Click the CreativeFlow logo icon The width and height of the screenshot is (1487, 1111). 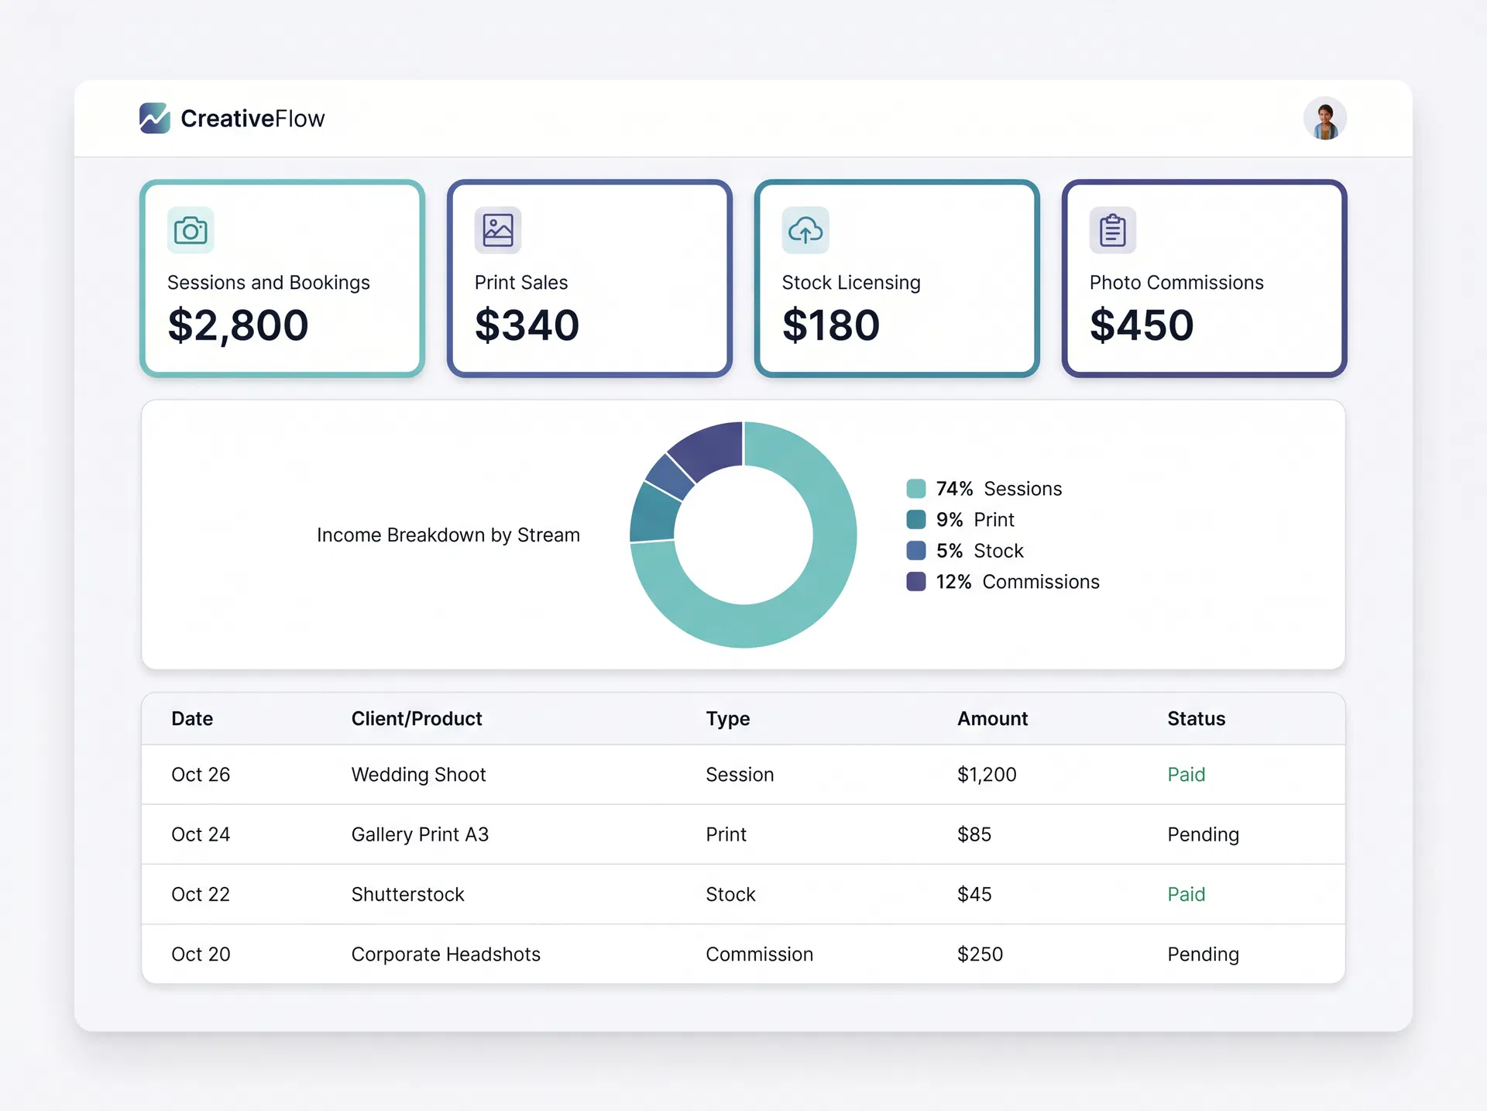tap(155, 119)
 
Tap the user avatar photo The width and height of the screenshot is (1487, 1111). tap(1324, 119)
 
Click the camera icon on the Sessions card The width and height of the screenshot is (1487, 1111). tap(191, 230)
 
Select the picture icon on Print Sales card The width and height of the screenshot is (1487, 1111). tap(498, 230)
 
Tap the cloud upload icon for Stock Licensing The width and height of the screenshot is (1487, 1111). tap(805, 230)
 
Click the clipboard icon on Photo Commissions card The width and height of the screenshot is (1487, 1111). tap(1113, 230)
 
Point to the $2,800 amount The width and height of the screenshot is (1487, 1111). tap(238, 325)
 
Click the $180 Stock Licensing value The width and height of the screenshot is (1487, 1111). tap(831, 325)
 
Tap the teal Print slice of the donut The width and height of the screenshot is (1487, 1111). tap(653, 514)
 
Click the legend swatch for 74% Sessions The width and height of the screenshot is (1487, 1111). tap(916, 489)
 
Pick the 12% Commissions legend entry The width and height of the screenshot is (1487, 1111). tap(1017, 582)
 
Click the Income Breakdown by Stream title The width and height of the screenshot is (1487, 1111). tap(448, 535)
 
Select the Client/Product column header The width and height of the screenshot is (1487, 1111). tap(417, 719)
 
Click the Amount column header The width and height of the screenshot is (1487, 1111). tap(992, 719)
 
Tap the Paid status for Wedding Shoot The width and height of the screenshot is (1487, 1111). tap(1186, 775)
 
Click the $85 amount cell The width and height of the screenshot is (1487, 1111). tap(974, 834)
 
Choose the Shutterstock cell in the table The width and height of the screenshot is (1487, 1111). tap(407, 894)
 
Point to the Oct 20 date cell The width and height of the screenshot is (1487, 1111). tap(201, 954)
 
